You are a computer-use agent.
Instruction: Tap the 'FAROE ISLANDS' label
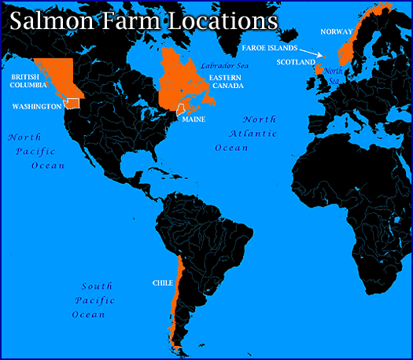[270, 48]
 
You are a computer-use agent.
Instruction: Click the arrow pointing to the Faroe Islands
[313, 53]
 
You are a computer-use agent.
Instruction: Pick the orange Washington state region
[72, 102]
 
